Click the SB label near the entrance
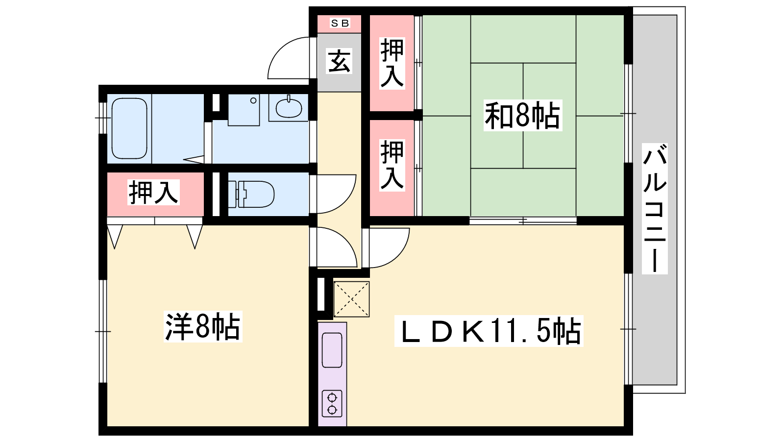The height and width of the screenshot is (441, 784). (340, 23)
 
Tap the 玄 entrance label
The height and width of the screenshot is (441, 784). (339, 61)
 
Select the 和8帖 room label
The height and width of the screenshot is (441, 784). (522, 115)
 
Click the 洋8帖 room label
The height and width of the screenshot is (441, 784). (203, 326)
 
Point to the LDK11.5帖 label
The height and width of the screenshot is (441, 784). (489, 331)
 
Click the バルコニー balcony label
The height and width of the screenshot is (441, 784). (655, 209)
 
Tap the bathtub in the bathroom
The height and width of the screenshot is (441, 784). (129, 128)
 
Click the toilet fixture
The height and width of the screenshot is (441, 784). (251, 194)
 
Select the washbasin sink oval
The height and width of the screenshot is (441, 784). (289, 108)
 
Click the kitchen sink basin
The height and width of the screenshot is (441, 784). (332, 350)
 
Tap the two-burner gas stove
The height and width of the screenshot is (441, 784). (332, 404)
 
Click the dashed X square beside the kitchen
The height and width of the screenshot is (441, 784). (351, 299)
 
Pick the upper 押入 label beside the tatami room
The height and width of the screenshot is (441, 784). (392, 63)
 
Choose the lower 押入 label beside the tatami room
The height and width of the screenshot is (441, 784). (392, 165)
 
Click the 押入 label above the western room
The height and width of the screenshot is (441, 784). (154, 192)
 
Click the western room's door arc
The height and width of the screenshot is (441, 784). (345, 240)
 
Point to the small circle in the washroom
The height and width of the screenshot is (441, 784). (253, 101)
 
